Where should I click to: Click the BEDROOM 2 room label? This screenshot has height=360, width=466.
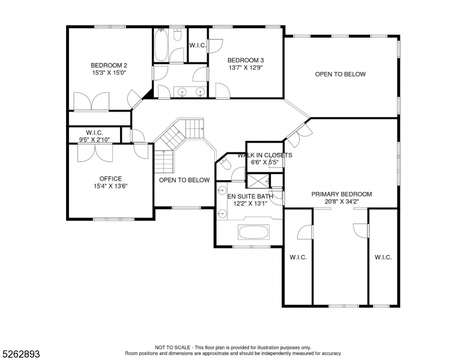[109, 65]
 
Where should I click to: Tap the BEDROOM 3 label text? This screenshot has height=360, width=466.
[245, 60]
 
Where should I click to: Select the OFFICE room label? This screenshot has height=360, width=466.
[110, 179]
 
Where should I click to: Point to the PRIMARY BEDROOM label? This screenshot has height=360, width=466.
[341, 194]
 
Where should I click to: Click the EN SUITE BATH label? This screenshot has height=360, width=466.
[250, 196]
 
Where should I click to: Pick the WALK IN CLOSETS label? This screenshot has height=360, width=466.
[265, 155]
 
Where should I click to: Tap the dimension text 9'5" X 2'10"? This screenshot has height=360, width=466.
[95, 140]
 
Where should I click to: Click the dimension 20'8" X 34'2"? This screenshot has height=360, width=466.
[341, 202]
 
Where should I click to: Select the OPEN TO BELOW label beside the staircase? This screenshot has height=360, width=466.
[184, 180]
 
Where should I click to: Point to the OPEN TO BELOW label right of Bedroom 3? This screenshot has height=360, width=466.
[340, 74]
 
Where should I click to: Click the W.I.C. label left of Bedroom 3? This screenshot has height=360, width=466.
[198, 45]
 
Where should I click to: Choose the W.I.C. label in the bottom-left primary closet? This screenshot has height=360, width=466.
[298, 257]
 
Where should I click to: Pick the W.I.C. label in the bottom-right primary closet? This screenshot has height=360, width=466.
[383, 257]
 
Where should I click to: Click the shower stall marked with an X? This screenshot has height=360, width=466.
[258, 180]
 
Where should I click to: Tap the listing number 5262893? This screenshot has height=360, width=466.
[20, 354]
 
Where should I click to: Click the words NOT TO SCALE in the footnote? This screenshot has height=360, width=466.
[172, 347]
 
